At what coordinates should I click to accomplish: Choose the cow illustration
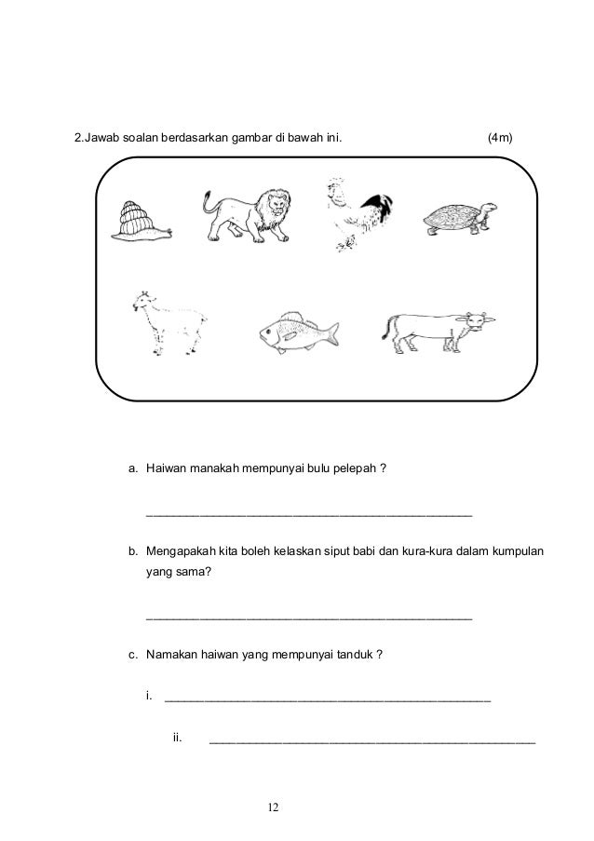click(435, 329)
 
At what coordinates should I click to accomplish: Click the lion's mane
click(275, 207)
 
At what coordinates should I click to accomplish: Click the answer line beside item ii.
click(372, 743)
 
